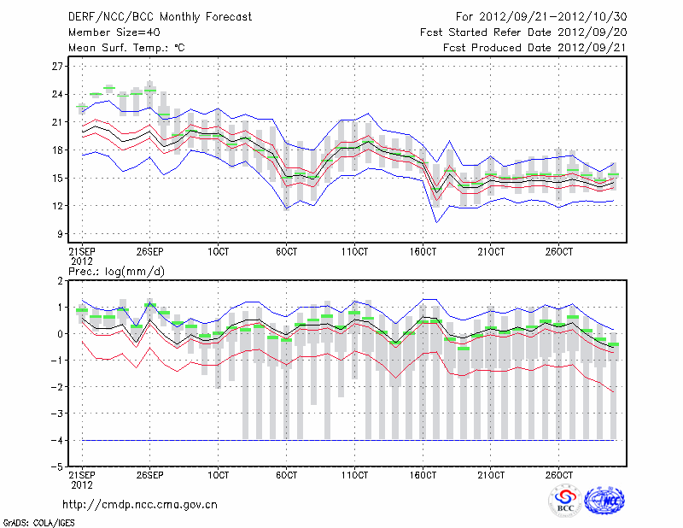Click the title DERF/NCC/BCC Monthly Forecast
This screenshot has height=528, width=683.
(x=149, y=16)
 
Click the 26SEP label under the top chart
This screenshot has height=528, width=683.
(x=150, y=251)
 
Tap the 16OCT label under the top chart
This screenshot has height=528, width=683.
(x=423, y=251)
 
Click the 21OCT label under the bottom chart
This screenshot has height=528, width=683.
(x=492, y=473)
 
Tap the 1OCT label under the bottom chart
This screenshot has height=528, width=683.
(x=219, y=473)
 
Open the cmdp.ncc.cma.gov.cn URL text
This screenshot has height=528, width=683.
(x=140, y=504)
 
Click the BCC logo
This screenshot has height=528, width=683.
(x=565, y=502)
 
